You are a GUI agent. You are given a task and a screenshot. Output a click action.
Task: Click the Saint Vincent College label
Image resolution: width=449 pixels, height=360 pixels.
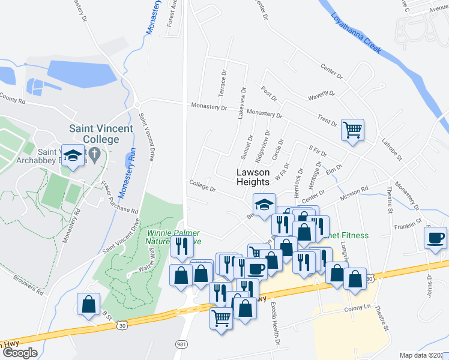94,133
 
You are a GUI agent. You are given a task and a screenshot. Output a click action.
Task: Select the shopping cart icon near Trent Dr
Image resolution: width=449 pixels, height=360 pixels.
352,130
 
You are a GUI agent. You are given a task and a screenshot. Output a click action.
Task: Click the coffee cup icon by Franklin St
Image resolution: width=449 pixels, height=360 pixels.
435,237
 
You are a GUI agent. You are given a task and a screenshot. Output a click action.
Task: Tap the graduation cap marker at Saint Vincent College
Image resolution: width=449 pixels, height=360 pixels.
74,156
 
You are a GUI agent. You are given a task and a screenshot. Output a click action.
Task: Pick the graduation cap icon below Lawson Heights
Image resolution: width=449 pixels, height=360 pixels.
264,205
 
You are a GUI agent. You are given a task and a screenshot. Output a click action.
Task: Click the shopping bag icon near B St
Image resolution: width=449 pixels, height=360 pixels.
89,304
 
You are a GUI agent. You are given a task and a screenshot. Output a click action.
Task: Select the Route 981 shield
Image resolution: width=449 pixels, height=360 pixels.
181,344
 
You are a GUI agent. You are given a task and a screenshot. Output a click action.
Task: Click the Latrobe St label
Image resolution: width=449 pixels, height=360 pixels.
395,150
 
